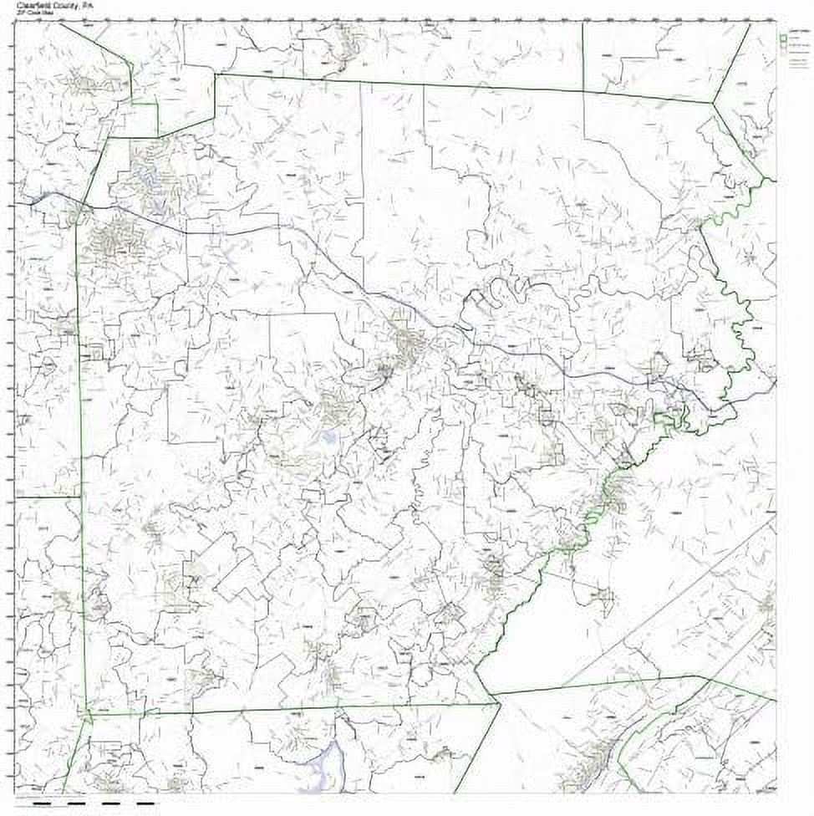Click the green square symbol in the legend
coord(783,37)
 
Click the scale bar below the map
coord(92,803)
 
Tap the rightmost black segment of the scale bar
coord(145,803)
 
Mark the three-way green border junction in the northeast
coord(712,103)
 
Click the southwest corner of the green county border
coord(87,715)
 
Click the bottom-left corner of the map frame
coord(16,792)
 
